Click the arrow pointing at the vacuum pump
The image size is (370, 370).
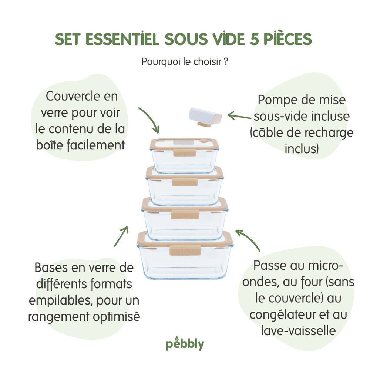click(239, 116)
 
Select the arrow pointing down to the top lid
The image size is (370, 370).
click(149, 120)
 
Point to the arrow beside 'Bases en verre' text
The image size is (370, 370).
click(121, 236)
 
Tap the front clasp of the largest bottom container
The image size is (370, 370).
click(185, 250)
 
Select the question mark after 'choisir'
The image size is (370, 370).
click(226, 61)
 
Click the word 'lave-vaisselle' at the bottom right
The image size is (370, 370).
click(298, 330)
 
